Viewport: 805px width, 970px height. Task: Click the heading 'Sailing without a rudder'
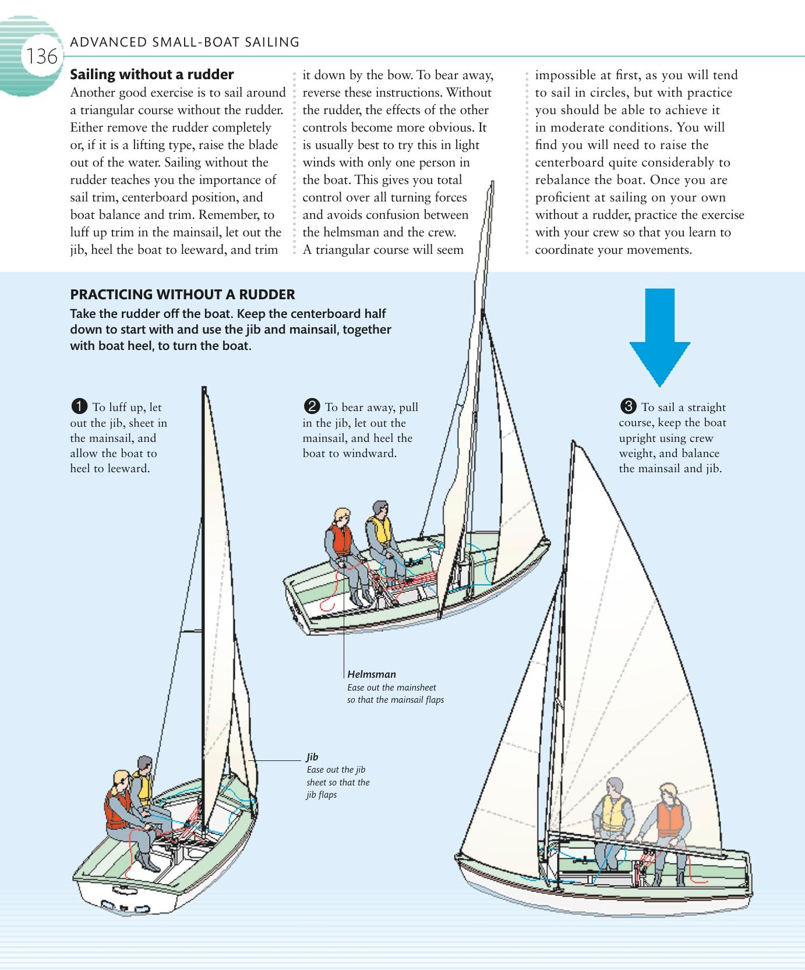tap(151, 75)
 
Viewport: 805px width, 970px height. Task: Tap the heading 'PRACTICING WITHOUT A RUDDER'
tap(182, 294)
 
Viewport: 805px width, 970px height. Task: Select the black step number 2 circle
tap(312, 406)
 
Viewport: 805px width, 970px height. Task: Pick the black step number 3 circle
tap(628, 406)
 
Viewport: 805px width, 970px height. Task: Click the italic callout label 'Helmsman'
tap(371, 674)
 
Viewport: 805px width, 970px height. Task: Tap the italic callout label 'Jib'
tap(312, 757)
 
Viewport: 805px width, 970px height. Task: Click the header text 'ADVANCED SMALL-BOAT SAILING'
tap(184, 42)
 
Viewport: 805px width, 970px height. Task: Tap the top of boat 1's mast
tap(204, 389)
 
